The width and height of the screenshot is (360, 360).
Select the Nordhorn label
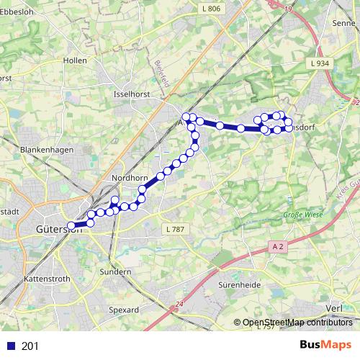(x=130, y=177)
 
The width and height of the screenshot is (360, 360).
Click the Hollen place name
(x=75, y=61)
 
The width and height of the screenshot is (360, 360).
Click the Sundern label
(x=116, y=272)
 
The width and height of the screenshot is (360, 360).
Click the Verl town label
(x=334, y=308)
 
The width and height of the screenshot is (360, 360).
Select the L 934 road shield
(x=320, y=63)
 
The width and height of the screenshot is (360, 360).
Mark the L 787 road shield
(x=174, y=228)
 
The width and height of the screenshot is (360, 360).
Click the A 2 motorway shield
(x=280, y=246)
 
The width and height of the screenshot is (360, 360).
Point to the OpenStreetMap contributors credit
(x=297, y=323)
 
